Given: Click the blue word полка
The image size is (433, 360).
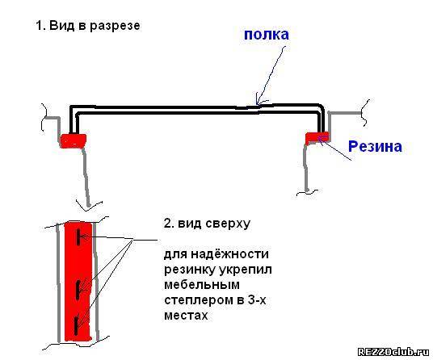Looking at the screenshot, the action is pos(267,35).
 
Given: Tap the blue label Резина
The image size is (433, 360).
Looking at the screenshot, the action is pos(375,146).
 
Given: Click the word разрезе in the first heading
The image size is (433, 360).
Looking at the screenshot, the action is pos(116,27).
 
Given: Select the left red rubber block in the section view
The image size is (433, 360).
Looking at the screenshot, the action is pos(73,140).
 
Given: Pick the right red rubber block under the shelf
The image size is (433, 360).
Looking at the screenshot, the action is pos(317,137).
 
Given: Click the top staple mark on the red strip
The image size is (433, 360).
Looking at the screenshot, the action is pos(78,237).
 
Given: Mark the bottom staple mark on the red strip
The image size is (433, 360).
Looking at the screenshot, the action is pos(76,326).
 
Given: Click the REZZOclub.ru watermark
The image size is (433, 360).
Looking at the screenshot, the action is pos(393,352).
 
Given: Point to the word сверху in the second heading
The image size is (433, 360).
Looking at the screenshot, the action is pos(228,224).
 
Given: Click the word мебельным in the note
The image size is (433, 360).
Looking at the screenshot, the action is pos(202,284).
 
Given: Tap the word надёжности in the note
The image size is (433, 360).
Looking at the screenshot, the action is pos(229,253).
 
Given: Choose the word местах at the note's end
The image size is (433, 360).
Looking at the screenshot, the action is pos(186,315).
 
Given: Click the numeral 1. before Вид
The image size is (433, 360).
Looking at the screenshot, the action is pos(41,26).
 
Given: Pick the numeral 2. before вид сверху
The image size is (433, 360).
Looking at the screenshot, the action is pos(169,223).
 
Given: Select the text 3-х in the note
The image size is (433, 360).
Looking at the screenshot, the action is pos(256,299).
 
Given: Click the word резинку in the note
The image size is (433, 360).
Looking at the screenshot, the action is pos(191,270).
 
